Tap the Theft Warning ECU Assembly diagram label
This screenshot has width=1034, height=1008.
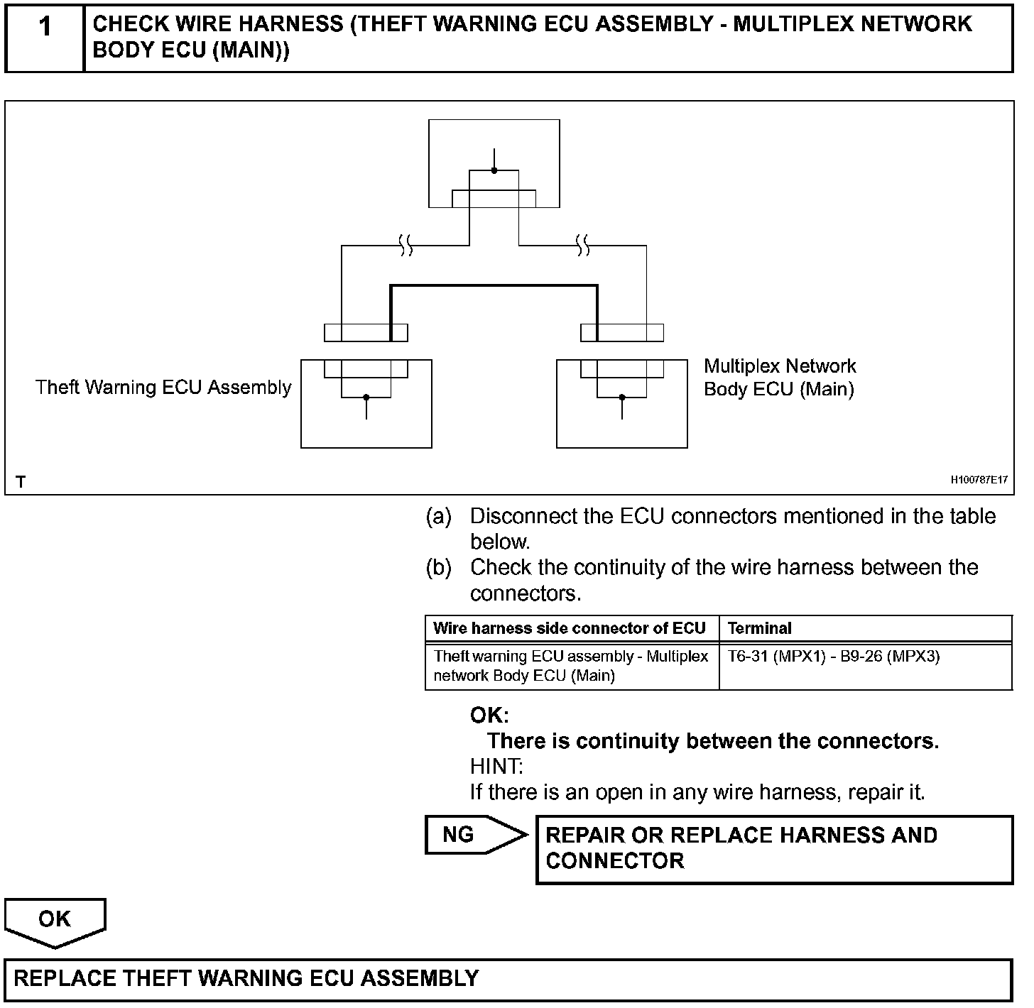click(163, 388)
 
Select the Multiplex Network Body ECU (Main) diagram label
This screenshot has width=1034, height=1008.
click(779, 378)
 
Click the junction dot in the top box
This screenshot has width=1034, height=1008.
click(494, 170)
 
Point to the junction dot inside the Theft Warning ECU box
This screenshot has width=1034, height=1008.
click(366, 398)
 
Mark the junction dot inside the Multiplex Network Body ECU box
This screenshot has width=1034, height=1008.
click(622, 398)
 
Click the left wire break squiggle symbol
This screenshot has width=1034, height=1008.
click(406, 246)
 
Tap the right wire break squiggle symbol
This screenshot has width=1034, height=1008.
click(583, 246)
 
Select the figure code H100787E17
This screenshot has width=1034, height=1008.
click(979, 481)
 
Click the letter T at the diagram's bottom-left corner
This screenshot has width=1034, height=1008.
click(21, 482)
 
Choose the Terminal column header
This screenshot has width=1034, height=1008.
click(759, 628)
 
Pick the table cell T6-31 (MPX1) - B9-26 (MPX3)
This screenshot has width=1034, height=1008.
click(833, 657)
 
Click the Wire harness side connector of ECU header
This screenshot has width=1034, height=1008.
click(569, 628)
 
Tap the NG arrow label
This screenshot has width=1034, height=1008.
click(459, 835)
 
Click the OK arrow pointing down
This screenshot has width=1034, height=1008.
click(55, 920)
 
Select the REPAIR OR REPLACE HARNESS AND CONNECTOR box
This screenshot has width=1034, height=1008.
click(774, 849)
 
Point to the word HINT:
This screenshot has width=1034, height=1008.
click(496, 767)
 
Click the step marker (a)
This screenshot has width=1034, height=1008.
click(438, 517)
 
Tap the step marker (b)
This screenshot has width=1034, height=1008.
click(438, 568)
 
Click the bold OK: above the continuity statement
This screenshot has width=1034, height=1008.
click(489, 715)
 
